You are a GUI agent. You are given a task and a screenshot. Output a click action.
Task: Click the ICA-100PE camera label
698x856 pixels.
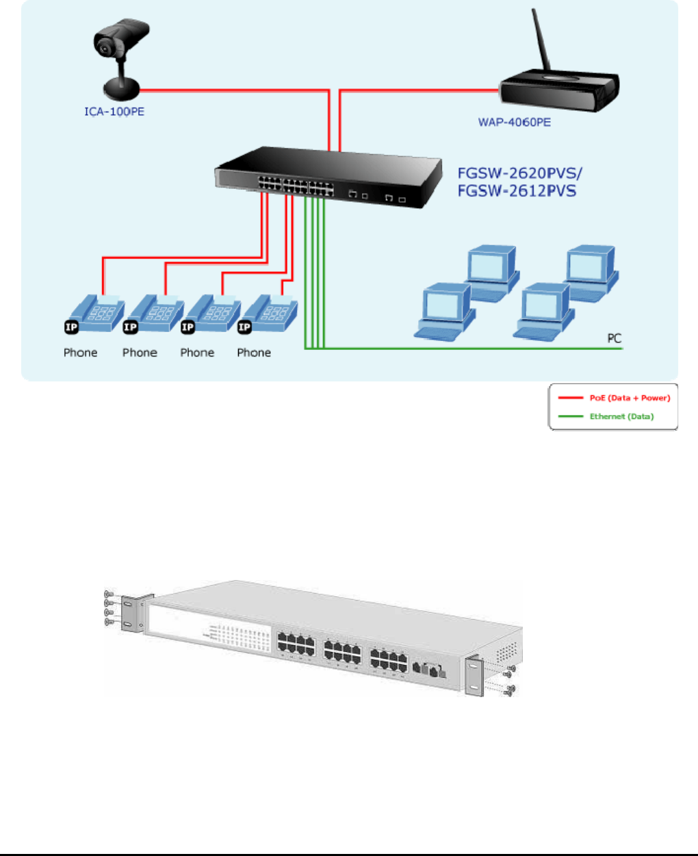click(x=114, y=112)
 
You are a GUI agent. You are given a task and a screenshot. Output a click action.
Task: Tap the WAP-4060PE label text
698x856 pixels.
click(x=514, y=123)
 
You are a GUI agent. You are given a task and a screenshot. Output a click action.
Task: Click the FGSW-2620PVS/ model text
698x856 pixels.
click(x=519, y=173)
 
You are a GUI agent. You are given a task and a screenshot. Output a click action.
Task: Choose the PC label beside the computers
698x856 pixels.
click(x=614, y=338)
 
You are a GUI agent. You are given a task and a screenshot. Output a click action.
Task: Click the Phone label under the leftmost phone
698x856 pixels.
click(x=81, y=353)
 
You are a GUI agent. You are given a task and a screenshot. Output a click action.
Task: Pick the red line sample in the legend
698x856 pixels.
click(x=570, y=398)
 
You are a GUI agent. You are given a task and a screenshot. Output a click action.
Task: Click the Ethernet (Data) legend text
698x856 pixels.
click(x=621, y=416)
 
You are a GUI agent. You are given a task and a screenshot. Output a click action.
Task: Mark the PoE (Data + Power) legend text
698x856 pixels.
click(x=630, y=398)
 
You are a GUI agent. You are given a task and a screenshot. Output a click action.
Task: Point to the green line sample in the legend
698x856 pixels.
click(x=570, y=416)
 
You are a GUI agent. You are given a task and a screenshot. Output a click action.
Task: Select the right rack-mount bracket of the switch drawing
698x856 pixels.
click(x=474, y=676)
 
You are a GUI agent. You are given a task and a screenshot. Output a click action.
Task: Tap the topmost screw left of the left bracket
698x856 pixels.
click(x=108, y=594)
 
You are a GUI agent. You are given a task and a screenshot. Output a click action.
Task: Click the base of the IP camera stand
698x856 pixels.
click(x=122, y=88)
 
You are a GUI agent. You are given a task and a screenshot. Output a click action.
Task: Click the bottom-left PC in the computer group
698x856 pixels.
click(x=445, y=311)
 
